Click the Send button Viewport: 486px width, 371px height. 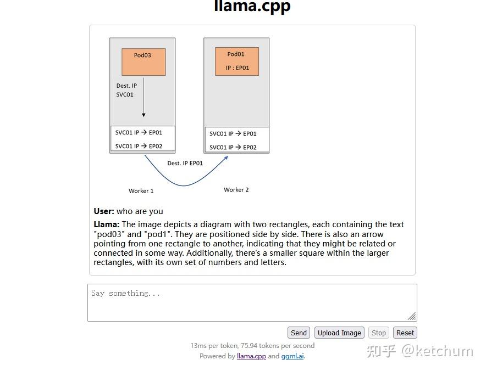tap(299, 333)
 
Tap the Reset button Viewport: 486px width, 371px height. tap(405, 333)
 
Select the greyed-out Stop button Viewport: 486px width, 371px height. tap(379, 333)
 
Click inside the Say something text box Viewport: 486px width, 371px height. tap(252, 302)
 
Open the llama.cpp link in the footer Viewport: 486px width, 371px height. tap(251, 356)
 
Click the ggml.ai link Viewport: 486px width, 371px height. tap(292, 356)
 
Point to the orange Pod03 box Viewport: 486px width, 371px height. tap(143, 61)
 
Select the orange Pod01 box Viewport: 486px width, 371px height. tap(236, 61)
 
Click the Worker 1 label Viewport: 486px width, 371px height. tap(141, 191)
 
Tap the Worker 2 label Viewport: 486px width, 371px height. tap(236, 190)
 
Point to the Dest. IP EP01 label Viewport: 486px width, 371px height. tap(185, 164)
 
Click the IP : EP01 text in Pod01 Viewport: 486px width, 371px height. tap(238, 68)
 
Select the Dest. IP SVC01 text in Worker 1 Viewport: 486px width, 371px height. tap(126, 90)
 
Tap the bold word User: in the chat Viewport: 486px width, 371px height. tap(104, 211)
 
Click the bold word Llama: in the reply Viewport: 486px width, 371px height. tap(107, 224)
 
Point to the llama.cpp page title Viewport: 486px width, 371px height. tap(252, 7)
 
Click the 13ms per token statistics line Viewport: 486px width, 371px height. tap(252, 346)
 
